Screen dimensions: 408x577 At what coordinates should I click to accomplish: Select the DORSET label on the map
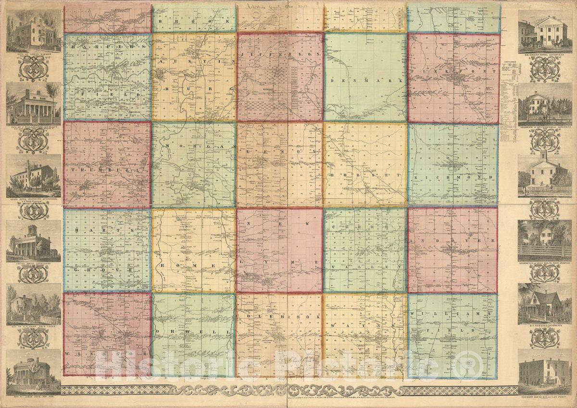pos(365,176)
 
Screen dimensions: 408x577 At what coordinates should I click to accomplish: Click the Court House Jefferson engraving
pos(33,242)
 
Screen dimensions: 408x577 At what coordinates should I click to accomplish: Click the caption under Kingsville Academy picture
pos(544,198)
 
